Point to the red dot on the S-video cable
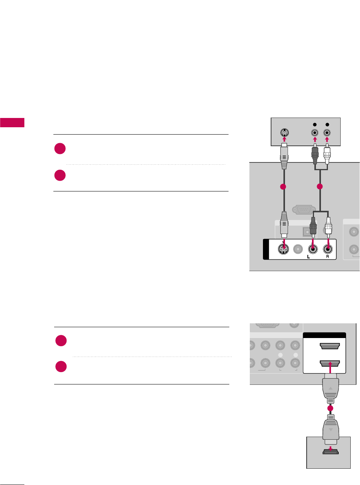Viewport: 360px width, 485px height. click(284, 187)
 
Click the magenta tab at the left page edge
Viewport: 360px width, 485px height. click(12, 123)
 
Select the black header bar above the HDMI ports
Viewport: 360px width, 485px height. click(324, 336)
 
